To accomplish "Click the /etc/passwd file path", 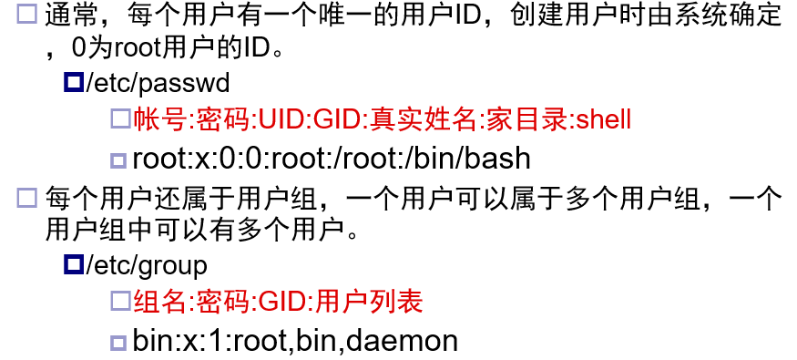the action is click(158, 83).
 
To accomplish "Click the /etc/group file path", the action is click(147, 266).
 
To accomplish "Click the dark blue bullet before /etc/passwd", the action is click(74, 82).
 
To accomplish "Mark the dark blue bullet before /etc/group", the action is click(74, 264).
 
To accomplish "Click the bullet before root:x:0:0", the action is click(118, 161).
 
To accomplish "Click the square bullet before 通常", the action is click(27, 14).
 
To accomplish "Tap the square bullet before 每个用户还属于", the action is click(27, 198).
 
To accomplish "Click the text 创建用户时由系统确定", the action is click(645, 16).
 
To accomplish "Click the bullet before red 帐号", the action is click(120, 119).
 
